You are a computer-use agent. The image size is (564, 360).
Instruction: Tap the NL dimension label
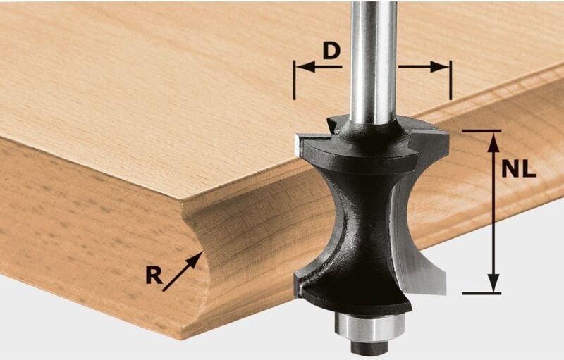[519, 169]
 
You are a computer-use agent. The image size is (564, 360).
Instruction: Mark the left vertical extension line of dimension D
[295, 79]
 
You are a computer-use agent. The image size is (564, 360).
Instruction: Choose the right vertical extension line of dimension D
[448, 79]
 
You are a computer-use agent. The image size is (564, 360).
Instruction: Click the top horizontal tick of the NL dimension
[482, 130]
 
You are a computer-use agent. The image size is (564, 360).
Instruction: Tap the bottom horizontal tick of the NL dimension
[482, 293]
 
